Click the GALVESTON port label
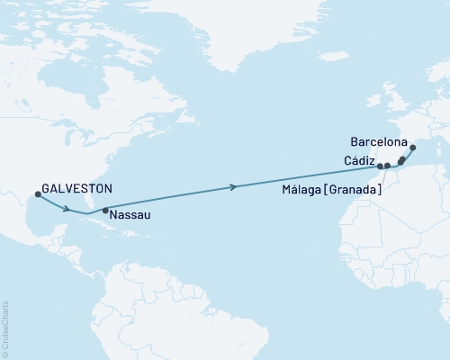[78, 189]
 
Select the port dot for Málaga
[387, 166]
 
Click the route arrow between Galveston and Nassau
[68, 210]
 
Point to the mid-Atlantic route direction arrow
[235, 187]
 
